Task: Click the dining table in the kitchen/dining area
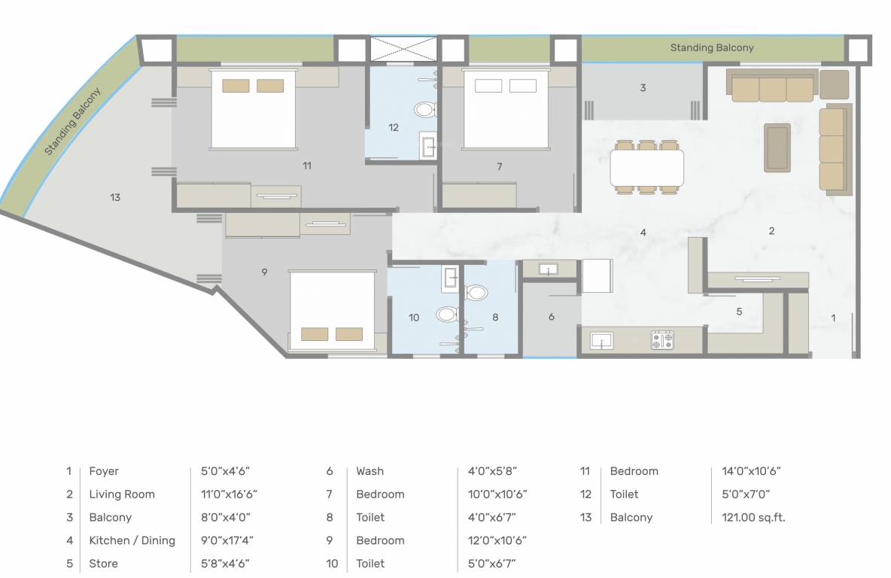pyautogui.click(x=647, y=168)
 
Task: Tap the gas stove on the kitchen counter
pyautogui.click(x=662, y=340)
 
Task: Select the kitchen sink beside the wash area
pyautogui.click(x=602, y=341)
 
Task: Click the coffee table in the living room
pyautogui.click(x=777, y=148)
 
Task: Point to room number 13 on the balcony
pyautogui.click(x=114, y=198)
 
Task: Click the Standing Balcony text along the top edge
pyautogui.click(x=711, y=47)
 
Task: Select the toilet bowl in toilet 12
pyautogui.click(x=425, y=111)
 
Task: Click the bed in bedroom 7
pyautogui.click(x=505, y=109)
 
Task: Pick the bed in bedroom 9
pyautogui.click(x=332, y=309)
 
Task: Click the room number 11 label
pyautogui.click(x=306, y=166)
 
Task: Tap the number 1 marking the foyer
pyautogui.click(x=832, y=318)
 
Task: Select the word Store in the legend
pyautogui.click(x=103, y=564)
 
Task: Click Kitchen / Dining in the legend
pyautogui.click(x=132, y=540)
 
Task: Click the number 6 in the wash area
pyautogui.click(x=551, y=317)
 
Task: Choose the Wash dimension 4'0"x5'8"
pyautogui.click(x=487, y=471)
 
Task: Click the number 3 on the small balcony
pyautogui.click(x=643, y=88)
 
